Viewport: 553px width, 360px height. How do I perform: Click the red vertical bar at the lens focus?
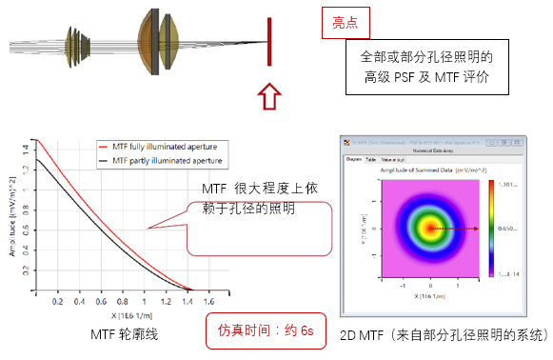point(272,44)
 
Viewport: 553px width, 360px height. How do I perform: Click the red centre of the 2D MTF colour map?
point(431,229)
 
